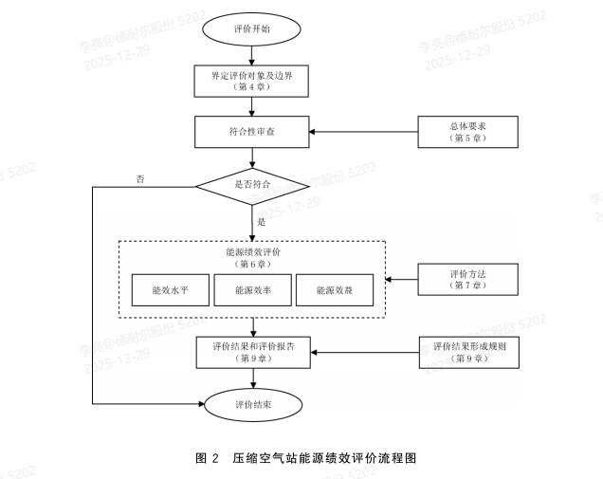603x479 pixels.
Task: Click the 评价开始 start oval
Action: click(x=251, y=29)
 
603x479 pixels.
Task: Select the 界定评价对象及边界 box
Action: click(x=251, y=80)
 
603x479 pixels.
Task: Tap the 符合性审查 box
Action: click(x=251, y=131)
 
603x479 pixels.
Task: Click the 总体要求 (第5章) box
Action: click(x=467, y=131)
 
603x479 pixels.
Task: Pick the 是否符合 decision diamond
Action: click(x=251, y=184)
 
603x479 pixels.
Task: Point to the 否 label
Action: click(x=140, y=178)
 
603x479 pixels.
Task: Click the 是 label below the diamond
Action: click(x=262, y=221)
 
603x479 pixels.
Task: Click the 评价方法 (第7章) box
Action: click(x=467, y=279)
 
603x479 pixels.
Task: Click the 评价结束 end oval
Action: click(x=251, y=404)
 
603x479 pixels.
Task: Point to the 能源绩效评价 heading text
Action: click(x=252, y=253)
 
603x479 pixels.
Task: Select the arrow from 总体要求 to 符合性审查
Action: click(x=364, y=131)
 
